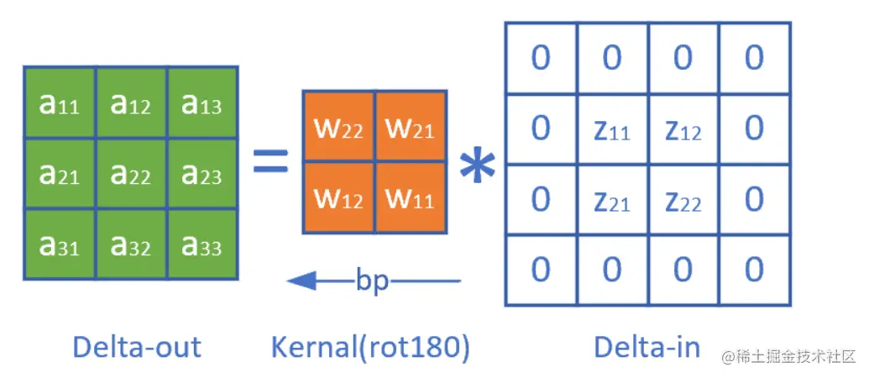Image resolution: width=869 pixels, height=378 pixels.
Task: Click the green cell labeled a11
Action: point(60,102)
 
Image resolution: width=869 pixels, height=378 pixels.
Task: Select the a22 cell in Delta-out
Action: point(131,174)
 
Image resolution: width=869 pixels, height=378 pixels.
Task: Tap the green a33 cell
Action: point(202,244)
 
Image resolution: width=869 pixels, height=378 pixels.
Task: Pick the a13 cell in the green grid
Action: point(202,102)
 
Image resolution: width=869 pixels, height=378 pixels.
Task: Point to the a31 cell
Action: point(60,244)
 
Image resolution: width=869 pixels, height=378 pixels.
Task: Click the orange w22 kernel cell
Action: point(338,126)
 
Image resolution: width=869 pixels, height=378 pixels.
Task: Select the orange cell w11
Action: point(411,197)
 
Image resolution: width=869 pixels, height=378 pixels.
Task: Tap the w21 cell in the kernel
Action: point(411,126)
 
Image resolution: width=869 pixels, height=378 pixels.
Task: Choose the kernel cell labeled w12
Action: point(338,197)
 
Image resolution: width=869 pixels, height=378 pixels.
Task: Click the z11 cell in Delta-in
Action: point(612,129)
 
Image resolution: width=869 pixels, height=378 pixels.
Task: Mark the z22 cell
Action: point(683,200)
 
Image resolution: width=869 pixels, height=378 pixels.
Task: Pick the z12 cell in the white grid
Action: point(683,129)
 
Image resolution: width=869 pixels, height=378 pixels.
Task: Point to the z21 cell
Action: point(612,200)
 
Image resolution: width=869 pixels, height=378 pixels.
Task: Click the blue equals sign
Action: point(270,162)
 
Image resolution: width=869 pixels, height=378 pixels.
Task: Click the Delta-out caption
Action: point(137,348)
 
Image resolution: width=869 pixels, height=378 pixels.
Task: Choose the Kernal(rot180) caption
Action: point(370,348)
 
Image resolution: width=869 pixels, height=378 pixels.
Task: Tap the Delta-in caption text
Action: point(647,348)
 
